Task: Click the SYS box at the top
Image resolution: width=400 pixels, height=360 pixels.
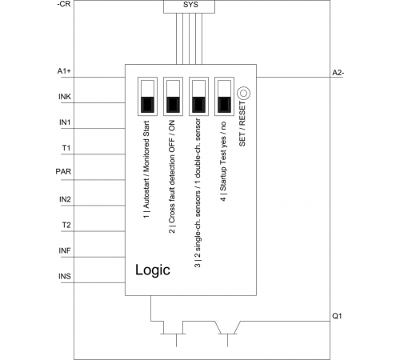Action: [189, 6]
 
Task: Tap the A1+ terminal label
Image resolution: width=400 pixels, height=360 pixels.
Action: [64, 71]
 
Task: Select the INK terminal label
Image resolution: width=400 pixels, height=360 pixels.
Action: [65, 97]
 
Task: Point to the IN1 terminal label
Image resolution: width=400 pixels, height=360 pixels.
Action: [65, 122]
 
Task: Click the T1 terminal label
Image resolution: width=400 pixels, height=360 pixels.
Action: [66, 148]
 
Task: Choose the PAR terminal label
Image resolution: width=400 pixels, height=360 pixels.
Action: [63, 171]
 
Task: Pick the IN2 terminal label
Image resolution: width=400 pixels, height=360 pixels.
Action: [65, 199]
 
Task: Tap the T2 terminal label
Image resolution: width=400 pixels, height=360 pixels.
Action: [66, 226]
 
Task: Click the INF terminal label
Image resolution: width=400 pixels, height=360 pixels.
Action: [65, 250]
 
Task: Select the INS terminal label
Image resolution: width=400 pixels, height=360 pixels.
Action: [65, 276]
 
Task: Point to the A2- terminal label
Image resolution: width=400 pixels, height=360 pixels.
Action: [338, 73]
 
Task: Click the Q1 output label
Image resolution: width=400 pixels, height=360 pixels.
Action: [337, 316]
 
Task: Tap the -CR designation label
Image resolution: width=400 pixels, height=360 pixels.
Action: [64, 5]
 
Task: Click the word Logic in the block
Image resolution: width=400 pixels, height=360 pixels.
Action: [153, 270]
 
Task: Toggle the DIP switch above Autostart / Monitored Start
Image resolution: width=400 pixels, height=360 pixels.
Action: [147, 97]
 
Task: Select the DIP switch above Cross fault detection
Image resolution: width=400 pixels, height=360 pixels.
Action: [173, 97]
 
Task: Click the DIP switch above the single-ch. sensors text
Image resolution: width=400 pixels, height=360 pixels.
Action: [198, 97]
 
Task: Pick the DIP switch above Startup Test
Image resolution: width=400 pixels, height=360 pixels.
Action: [224, 97]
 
